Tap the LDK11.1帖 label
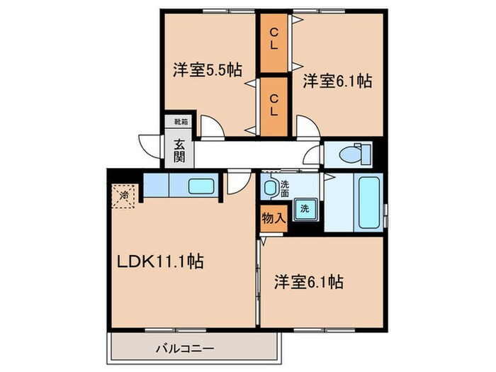[161, 261]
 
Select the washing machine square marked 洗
[304, 210]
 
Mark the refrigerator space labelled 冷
[125, 194]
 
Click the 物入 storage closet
[273, 218]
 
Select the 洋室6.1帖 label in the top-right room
[338, 81]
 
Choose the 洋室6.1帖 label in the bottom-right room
[310, 282]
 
